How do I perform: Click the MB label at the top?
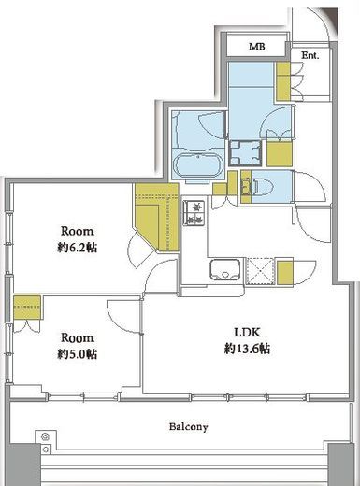pos(257,47)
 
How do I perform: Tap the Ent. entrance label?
pos(310,55)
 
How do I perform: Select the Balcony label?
pos(188,426)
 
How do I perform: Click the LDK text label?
pos(247,333)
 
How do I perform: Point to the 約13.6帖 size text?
pos(247,349)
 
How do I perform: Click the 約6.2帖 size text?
pos(77,248)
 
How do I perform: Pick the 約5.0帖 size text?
pos(77,354)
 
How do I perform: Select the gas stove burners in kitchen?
pos(194,212)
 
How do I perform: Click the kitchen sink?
pos(225,270)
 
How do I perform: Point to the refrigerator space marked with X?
pos(260,271)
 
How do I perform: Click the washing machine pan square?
pos(245,152)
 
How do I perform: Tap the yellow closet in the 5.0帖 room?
pos(27,307)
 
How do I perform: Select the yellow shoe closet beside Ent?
pos(283,81)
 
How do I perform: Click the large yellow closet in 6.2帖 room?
pos(157,217)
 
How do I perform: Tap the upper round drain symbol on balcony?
pos(46,436)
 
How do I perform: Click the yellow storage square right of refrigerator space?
pos(285,273)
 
